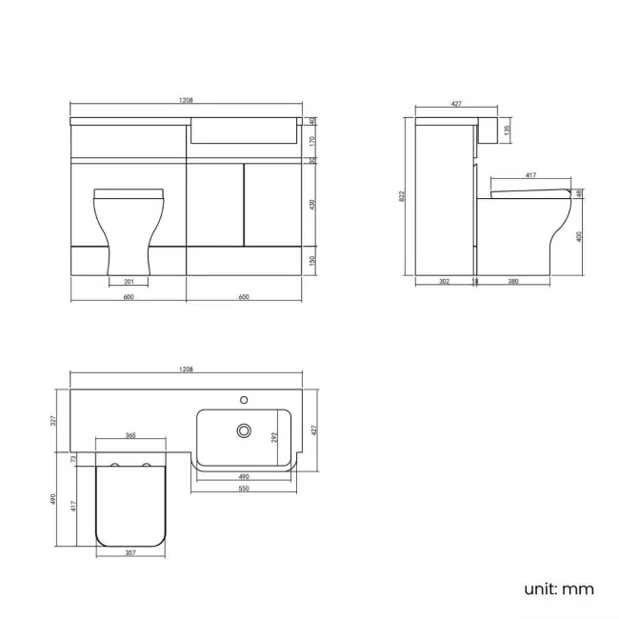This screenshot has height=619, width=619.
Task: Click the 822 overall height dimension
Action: click(x=404, y=196)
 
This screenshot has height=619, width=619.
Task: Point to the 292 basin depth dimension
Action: click(x=275, y=437)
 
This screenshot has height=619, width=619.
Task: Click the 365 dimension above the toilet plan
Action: click(x=130, y=435)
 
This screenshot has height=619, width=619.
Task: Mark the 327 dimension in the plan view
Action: click(x=54, y=419)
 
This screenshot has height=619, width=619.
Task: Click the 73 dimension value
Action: click(x=73, y=459)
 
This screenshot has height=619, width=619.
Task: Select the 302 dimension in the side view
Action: click(x=445, y=282)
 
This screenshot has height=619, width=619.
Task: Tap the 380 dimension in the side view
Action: click(x=512, y=282)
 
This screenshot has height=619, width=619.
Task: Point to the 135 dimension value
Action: click(x=507, y=130)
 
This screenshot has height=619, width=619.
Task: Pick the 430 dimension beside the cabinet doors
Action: click(x=312, y=205)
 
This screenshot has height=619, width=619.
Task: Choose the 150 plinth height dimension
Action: click(x=312, y=260)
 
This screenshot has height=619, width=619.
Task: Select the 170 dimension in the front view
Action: click(x=312, y=140)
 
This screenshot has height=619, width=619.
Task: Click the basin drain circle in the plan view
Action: click(x=244, y=430)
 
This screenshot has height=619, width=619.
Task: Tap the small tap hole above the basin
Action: click(x=244, y=400)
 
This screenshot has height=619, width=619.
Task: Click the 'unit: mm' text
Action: click(x=558, y=589)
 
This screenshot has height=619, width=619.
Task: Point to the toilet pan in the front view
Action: click(x=130, y=229)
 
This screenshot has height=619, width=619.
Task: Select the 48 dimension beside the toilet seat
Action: click(x=580, y=193)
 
